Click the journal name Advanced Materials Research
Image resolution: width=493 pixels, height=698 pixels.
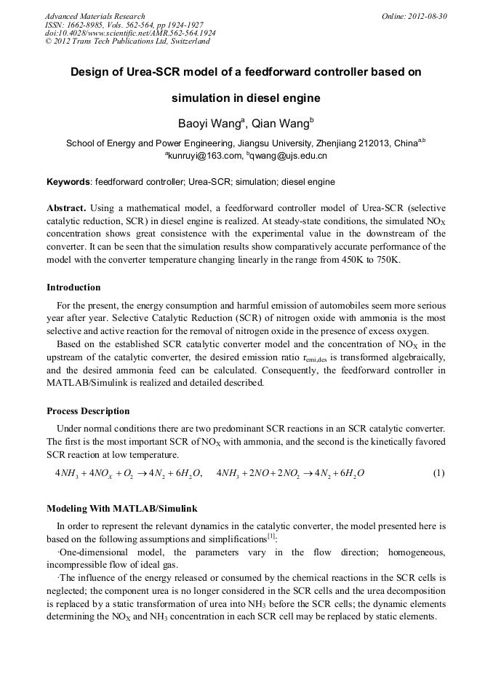pos(95,16)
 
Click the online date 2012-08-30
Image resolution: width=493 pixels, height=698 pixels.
pos(427,16)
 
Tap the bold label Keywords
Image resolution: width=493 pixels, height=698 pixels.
pos(68,181)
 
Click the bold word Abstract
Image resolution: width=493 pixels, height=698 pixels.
pos(66,207)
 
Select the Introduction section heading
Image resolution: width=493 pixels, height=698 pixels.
pos(73,287)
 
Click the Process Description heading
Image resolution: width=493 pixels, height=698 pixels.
pos(88,411)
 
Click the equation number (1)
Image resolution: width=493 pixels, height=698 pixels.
pos(438,473)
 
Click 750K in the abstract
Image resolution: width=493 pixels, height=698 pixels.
pos(385,260)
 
